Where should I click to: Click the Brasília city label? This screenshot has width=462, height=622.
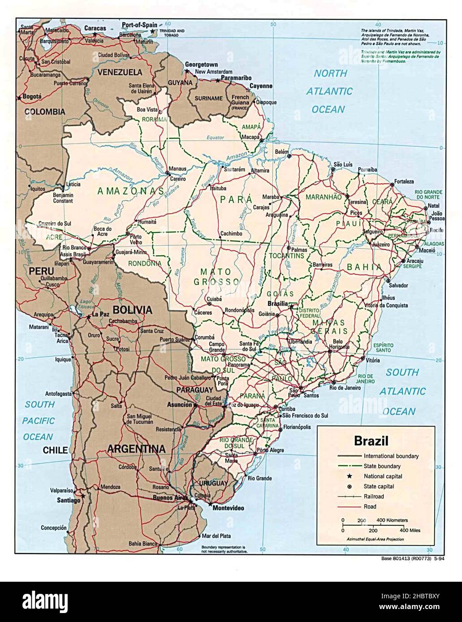277,304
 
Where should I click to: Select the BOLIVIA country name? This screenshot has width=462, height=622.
132,310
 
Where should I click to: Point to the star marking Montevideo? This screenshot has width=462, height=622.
210,503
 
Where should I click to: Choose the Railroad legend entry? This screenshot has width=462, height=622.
374,497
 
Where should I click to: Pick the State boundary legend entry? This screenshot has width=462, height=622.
382,466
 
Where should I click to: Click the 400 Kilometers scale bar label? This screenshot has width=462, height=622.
392,520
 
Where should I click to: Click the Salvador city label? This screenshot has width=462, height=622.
398,285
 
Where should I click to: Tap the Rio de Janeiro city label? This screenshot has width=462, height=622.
345,388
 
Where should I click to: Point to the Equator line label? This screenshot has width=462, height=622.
215,138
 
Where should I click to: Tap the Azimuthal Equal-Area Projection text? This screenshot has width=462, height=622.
375,539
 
